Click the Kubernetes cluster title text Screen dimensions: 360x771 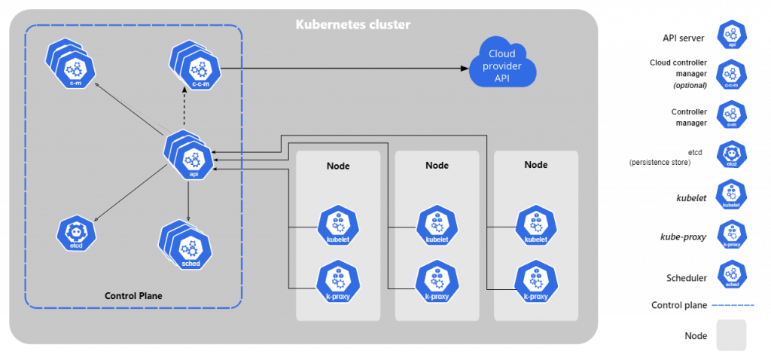(x=352, y=26)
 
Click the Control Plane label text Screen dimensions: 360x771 (x=133, y=296)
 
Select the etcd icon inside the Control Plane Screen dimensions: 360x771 (x=77, y=233)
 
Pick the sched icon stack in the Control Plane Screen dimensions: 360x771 (x=184, y=247)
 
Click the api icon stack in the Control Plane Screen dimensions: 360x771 (x=188, y=157)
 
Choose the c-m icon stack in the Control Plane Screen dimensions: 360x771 (x=69, y=66)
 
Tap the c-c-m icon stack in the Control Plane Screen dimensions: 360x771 (x=194, y=68)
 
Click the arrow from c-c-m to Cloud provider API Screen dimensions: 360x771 (x=339, y=69)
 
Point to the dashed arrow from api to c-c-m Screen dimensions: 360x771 (x=185, y=109)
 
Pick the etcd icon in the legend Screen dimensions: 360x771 (x=732, y=154)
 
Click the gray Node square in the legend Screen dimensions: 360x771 (x=732, y=335)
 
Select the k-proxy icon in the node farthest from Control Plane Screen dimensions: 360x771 (x=535, y=280)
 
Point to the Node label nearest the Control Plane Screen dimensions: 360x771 (x=338, y=166)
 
